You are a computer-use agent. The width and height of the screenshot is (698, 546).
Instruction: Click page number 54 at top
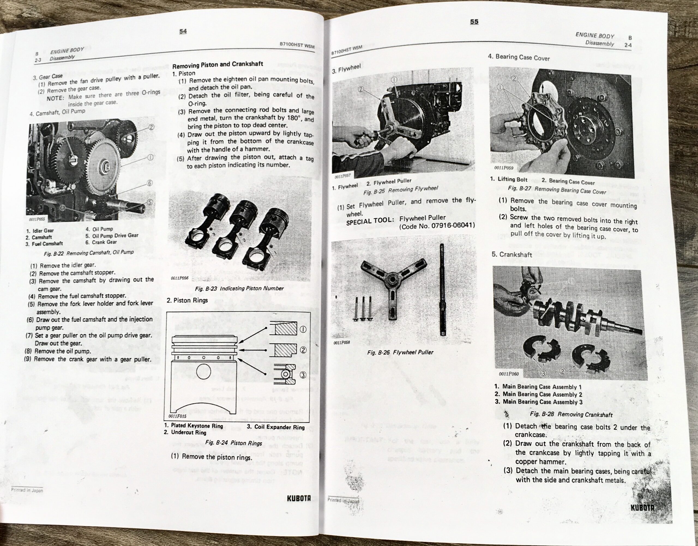183,31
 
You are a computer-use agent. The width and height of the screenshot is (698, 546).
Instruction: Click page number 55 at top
474,22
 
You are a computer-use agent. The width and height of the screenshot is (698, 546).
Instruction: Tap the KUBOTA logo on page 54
299,498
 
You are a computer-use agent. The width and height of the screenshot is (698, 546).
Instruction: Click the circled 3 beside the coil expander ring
303,375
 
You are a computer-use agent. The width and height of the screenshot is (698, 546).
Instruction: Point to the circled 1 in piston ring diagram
303,330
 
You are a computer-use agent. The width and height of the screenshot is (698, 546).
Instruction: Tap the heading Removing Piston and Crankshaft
218,65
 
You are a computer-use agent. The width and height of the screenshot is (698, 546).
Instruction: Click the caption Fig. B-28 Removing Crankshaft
571,415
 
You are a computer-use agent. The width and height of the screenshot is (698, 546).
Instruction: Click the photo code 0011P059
504,168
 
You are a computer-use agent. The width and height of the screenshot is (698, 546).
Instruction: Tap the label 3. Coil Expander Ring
275,427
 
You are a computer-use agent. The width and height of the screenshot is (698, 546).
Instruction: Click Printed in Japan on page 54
27,490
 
